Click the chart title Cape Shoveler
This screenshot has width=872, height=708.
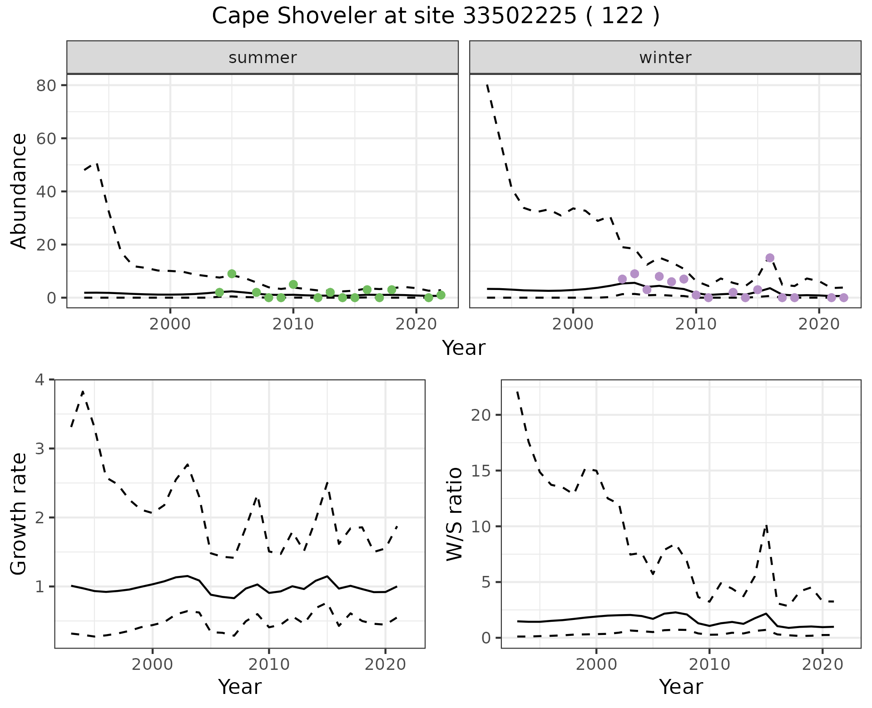[435, 16]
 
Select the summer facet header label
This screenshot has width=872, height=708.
[263, 58]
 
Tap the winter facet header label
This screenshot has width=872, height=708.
[665, 58]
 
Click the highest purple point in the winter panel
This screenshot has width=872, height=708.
[770, 258]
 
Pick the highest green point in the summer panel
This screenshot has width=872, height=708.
[232, 274]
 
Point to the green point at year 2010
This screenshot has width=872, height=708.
[293, 285]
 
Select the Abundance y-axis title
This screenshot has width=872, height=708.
[19, 191]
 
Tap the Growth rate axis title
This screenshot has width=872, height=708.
[19, 514]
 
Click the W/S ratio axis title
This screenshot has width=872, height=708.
[455, 514]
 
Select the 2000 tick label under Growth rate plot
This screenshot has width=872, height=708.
[153, 665]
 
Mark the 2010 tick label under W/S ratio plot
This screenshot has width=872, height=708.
[709, 665]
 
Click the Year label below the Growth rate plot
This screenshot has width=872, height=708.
[240, 687]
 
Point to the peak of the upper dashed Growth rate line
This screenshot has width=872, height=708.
[83, 391]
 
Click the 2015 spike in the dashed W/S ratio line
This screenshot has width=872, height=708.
[766, 526]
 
